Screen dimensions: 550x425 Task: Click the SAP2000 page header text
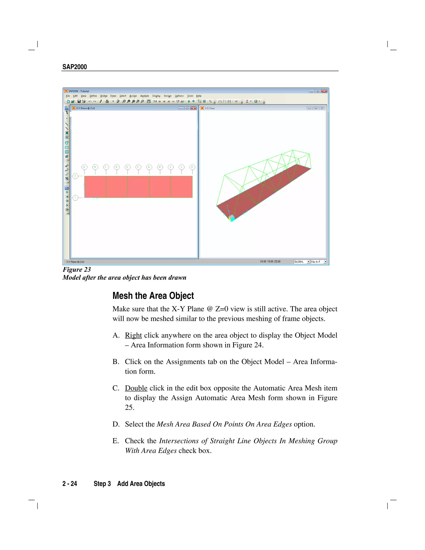(74, 67)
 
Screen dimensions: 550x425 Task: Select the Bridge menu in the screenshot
(104, 96)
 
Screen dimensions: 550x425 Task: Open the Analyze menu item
(144, 96)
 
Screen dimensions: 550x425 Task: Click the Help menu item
(199, 96)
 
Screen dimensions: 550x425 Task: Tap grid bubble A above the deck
(84, 167)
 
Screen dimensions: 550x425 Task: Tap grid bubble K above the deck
(192, 167)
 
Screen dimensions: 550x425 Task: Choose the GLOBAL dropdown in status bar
(302, 262)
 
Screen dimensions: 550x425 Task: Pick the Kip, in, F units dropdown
(319, 262)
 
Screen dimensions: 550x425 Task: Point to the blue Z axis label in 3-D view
(227, 207)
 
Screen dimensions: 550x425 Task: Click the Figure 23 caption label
(77, 269)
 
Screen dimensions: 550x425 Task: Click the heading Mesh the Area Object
(153, 296)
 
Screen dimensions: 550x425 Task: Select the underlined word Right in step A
(133, 335)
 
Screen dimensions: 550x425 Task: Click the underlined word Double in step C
(136, 388)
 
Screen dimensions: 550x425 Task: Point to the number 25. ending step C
(129, 407)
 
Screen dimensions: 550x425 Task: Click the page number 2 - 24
(70, 484)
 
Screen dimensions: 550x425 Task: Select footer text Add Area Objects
(141, 484)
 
